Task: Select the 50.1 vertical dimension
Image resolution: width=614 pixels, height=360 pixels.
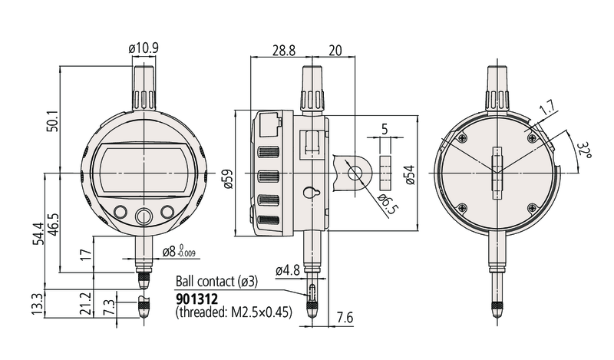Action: tap(50, 121)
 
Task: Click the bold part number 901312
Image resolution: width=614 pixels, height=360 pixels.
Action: tap(198, 297)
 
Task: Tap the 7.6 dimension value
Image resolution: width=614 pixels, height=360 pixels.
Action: tap(346, 317)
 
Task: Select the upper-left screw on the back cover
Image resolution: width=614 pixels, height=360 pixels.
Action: tap(461, 138)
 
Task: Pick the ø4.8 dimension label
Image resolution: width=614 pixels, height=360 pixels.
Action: tap(287, 270)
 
